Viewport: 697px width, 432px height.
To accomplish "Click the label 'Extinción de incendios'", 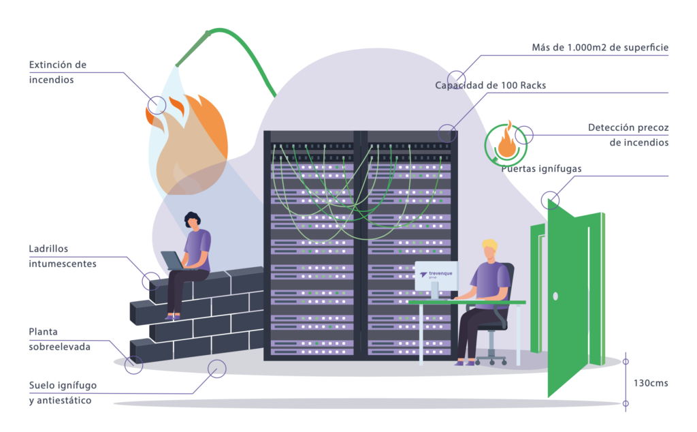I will click(57, 72).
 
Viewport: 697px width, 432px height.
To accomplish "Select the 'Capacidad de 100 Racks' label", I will click(490, 86).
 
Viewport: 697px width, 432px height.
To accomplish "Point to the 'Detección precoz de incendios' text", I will click(628, 135).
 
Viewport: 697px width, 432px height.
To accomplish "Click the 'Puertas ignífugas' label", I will click(541, 169).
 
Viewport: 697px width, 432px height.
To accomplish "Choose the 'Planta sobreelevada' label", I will click(59, 339).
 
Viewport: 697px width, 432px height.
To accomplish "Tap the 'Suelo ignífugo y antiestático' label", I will click(63, 392).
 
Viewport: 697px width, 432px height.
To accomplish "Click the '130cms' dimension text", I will click(651, 383).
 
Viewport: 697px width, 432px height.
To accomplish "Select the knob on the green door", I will click(555, 296).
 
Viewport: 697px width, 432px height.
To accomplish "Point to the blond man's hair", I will click(491, 245).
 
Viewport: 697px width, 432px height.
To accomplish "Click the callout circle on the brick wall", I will click(151, 280).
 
